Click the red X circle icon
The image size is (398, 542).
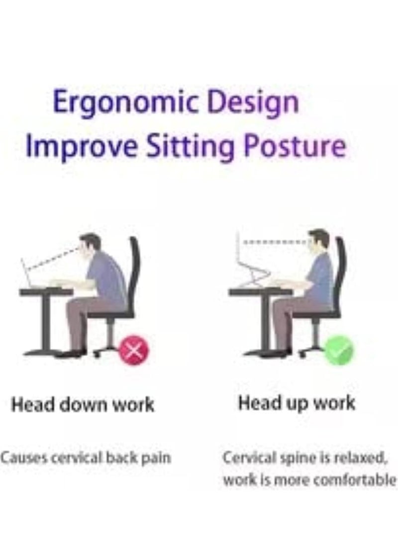134,351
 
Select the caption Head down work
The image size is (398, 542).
83,404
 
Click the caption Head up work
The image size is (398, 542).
297,403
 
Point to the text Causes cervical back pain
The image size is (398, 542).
86,458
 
